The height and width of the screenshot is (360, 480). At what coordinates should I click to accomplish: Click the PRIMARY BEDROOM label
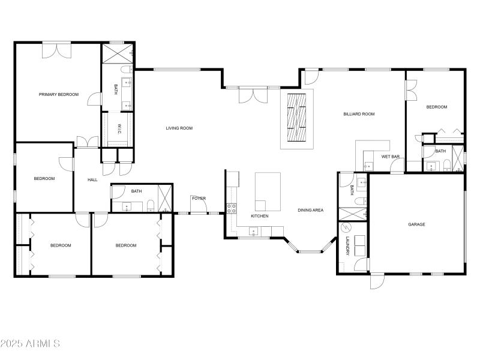59,94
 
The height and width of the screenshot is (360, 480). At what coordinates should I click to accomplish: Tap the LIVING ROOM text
179,128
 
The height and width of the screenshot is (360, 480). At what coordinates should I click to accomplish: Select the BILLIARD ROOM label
359,113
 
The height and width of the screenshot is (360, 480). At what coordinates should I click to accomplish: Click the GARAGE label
416,224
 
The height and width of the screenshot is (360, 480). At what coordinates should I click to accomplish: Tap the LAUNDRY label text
347,246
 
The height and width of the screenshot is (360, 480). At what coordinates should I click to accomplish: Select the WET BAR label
391,157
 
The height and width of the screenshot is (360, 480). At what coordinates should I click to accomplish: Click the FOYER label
199,198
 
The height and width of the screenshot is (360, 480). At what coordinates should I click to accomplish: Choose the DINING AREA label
311,210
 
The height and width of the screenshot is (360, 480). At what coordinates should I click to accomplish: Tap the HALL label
92,179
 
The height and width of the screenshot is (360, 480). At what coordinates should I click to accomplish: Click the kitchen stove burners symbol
230,209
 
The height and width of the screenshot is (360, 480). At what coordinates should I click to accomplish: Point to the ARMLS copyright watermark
30,344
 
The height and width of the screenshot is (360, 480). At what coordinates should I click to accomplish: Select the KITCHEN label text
259,216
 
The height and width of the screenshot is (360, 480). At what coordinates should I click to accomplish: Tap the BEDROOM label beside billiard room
436,107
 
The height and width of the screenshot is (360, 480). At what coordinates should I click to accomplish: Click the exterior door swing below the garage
377,281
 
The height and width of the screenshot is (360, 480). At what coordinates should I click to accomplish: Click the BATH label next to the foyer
136,191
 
